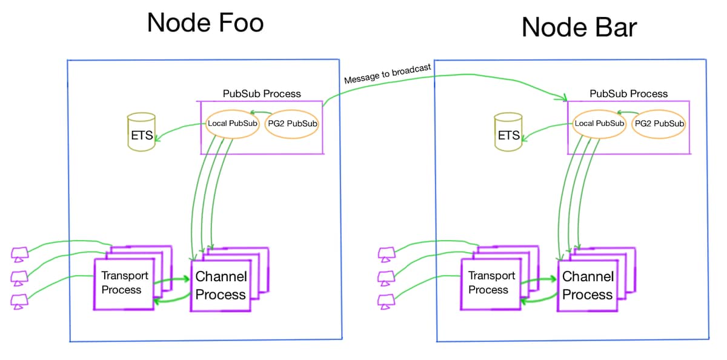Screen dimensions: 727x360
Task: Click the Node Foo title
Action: click(205, 22)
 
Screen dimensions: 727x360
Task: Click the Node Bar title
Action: click(579, 27)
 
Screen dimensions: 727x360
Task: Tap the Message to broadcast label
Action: click(388, 74)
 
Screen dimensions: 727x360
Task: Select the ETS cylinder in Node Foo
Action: click(141, 132)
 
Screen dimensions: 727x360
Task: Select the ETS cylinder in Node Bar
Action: click(508, 132)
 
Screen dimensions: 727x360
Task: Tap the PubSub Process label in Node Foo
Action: click(262, 94)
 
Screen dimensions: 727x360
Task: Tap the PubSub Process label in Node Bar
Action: click(629, 94)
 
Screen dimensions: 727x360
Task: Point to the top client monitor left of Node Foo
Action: click(19, 255)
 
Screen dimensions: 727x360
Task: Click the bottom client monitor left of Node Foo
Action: click(19, 302)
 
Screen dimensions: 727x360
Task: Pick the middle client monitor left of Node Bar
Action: click(387, 279)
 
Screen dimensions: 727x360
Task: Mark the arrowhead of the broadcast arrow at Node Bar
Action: click(564, 98)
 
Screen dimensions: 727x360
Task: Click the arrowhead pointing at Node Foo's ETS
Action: click(158, 138)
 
